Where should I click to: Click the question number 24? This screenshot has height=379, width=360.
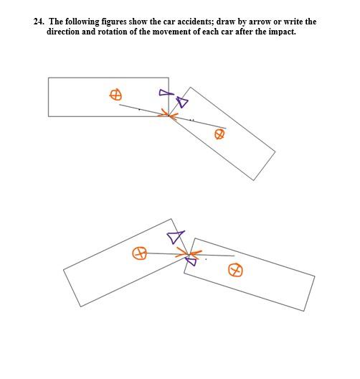pos(39,22)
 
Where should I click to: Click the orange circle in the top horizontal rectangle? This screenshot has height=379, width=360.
pos(115,95)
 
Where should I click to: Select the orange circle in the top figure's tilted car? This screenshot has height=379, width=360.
pos(219,134)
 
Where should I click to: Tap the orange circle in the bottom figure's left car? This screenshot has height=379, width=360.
pos(139,253)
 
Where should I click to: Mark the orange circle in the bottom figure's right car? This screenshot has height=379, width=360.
pos(235,270)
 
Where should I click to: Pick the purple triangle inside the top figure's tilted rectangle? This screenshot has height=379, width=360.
pos(183,102)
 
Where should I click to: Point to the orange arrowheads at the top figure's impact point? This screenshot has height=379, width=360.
pos(169,115)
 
